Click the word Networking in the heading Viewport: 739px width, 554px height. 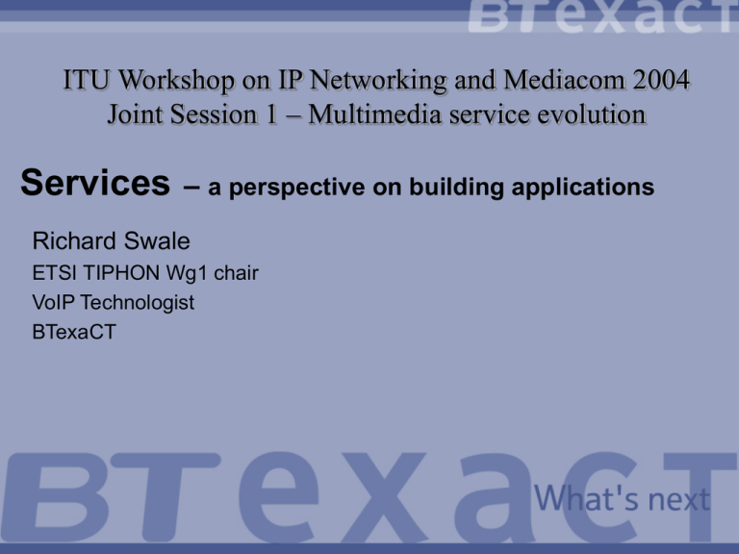coord(378,81)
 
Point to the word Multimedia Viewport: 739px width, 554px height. coord(375,114)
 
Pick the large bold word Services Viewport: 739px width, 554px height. coord(95,183)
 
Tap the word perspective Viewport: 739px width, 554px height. coord(297,188)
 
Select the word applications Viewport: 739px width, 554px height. coord(583,188)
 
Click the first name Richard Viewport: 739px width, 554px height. coord(74,241)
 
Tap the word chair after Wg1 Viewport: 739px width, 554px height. coord(236,273)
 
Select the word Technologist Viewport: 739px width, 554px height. coord(138,303)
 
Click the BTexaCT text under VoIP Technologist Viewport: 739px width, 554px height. coord(74,332)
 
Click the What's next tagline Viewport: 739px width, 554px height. coord(623,498)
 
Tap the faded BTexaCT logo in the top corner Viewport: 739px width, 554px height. coord(603,16)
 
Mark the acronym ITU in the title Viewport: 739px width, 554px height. coord(87,80)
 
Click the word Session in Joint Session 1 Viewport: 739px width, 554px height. coord(214,114)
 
